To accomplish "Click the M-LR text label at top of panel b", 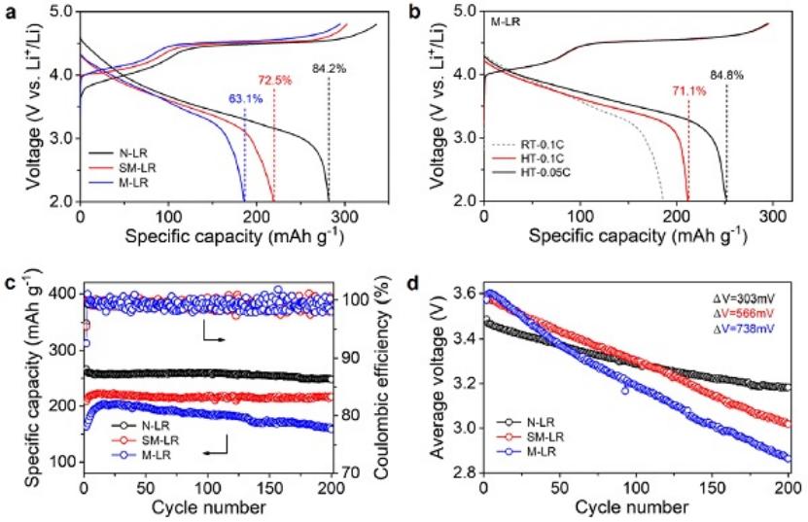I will click(x=505, y=18).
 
